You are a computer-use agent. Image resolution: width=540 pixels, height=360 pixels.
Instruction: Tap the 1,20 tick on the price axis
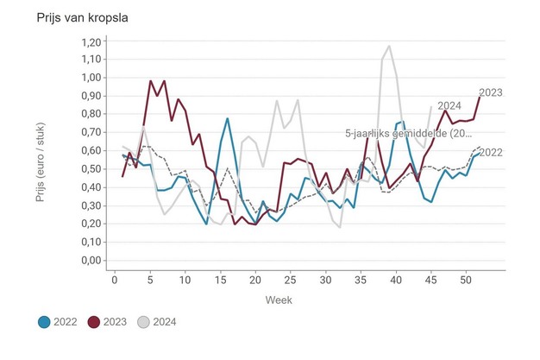[89, 41]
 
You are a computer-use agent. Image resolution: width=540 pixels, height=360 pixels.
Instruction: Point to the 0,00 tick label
[89, 261]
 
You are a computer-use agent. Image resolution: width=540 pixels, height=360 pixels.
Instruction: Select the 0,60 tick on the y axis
[89, 151]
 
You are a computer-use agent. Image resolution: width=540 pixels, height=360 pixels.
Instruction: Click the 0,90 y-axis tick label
[89, 97]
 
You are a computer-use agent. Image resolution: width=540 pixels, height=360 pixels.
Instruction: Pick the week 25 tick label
[220, 279]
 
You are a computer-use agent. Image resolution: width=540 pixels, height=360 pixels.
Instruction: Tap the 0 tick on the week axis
[115, 279]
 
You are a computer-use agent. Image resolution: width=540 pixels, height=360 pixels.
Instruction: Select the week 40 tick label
[396, 279]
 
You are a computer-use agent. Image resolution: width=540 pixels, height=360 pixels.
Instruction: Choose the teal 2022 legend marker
[45, 322]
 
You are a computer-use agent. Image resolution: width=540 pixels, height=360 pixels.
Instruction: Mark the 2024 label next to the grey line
[448, 106]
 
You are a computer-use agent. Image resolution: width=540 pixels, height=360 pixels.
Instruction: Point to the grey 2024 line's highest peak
[389, 47]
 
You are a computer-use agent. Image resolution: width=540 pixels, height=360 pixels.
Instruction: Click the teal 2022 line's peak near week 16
[228, 119]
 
